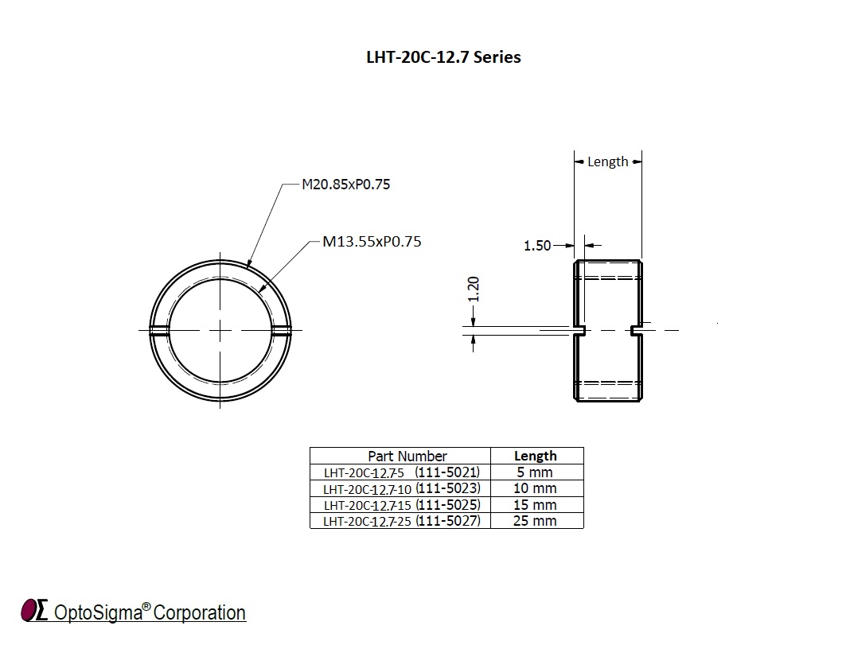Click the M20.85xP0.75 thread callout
(345, 185)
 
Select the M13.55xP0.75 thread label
(372, 241)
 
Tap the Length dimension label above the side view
(607, 161)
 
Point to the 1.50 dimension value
(537, 246)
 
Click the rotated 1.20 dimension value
(474, 290)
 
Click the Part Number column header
(407, 456)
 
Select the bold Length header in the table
(536, 456)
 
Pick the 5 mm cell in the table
(536, 472)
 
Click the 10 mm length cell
(536, 488)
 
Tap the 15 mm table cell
(536, 505)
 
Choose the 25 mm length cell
(536, 521)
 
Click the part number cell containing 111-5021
(401, 472)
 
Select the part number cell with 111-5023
(401, 488)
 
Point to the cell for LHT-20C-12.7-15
(401, 505)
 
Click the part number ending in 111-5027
(401, 521)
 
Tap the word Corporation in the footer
(199, 612)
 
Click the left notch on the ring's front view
(158, 329)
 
